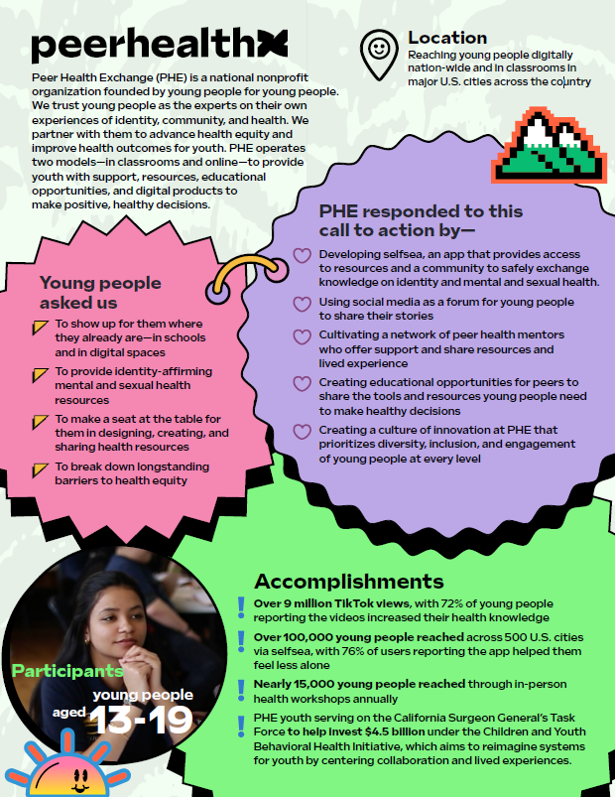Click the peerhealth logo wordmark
tap(159, 45)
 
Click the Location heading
tap(447, 38)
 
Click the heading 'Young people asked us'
tap(92, 292)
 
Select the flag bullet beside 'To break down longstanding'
tap(39, 467)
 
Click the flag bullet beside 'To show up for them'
tap(39, 326)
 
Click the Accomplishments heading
tap(348, 582)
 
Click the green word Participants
tap(67, 672)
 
